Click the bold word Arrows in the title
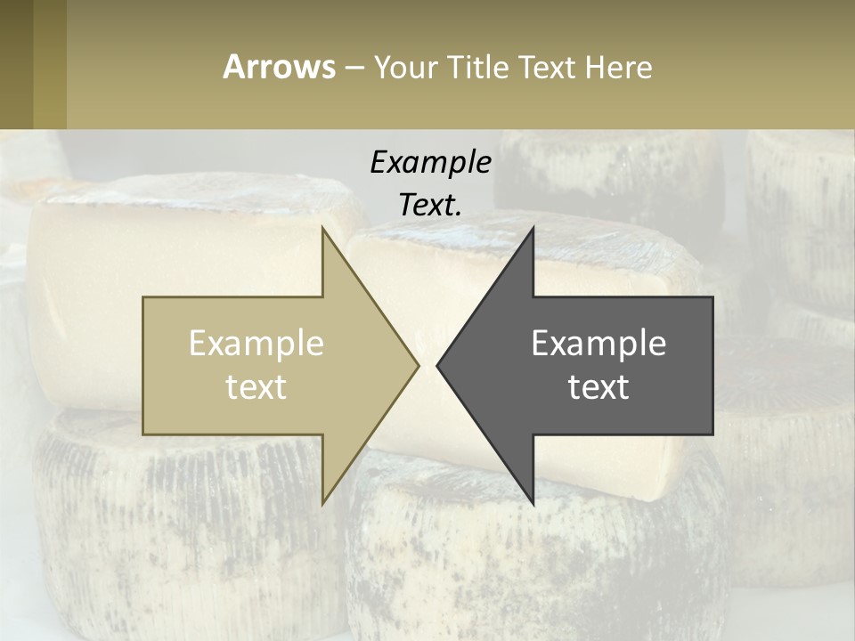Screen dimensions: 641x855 (x=279, y=67)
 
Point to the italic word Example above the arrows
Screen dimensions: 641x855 (x=430, y=162)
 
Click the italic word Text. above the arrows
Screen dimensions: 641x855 (x=430, y=206)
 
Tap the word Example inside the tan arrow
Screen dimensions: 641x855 (x=256, y=344)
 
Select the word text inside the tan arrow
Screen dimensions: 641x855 (x=256, y=387)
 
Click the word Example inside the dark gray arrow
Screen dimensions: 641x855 (x=598, y=344)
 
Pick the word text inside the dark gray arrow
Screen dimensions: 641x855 (x=598, y=387)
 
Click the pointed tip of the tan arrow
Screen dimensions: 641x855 (x=418, y=365)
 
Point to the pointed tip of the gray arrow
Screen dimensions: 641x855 (x=437, y=365)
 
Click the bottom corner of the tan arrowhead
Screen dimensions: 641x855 (x=323, y=503)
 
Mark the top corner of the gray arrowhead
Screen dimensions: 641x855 (x=533, y=229)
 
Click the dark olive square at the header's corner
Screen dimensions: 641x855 (x=17, y=65)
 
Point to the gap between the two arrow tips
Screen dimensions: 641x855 (x=427, y=365)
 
